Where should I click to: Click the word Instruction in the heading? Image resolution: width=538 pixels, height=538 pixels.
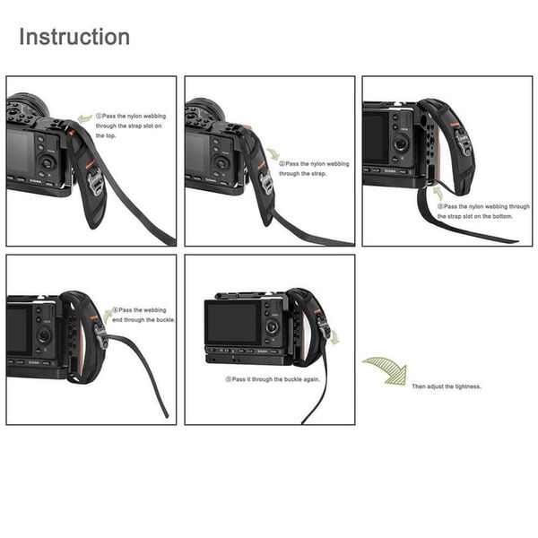pos(74,38)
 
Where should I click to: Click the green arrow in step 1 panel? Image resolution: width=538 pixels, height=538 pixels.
pos(84,117)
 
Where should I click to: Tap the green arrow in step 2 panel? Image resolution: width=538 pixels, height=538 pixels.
pos(272,154)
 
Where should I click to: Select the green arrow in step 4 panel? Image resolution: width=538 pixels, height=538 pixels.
pos(108,316)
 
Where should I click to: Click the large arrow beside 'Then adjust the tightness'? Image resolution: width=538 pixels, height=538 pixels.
pos(385,368)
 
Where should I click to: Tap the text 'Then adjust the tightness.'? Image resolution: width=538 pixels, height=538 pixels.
pos(447,386)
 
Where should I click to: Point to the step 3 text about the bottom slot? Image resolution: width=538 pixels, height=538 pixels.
pos(483,212)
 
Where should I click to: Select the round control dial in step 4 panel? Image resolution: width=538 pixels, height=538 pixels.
pos(44,334)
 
